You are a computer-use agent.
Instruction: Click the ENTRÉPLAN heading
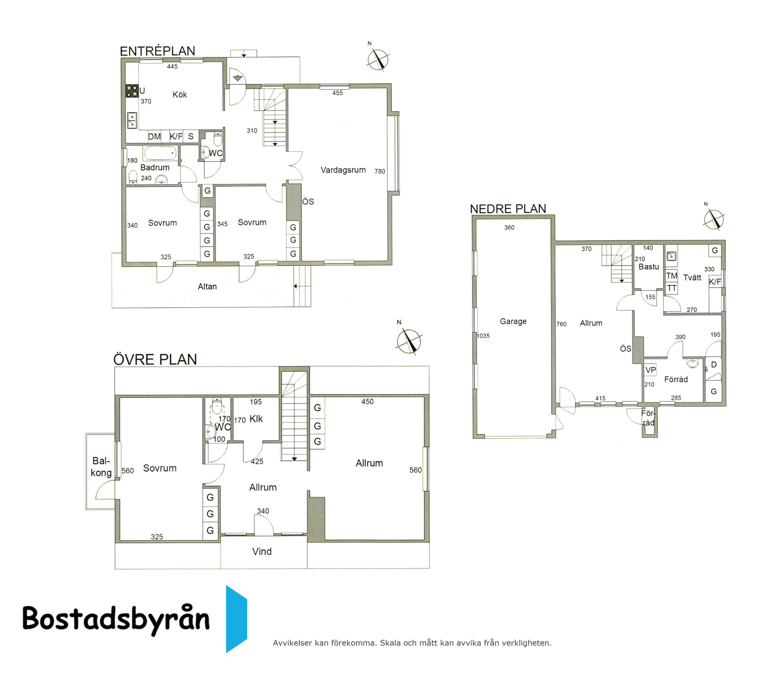(158, 51)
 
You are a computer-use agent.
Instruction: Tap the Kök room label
(180, 95)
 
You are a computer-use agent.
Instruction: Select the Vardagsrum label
(343, 170)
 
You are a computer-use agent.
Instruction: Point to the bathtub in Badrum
(160, 154)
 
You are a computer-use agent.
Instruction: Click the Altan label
(207, 286)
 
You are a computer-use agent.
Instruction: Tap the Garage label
(513, 321)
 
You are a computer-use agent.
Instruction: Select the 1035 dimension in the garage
(483, 336)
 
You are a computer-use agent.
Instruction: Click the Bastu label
(649, 267)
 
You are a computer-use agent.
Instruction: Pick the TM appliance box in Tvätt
(672, 276)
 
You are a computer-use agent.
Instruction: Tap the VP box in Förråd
(650, 370)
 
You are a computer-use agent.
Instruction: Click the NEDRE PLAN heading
(508, 209)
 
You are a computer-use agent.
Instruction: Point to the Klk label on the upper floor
(256, 419)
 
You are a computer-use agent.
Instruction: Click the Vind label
(262, 552)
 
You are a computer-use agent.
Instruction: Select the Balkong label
(101, 467)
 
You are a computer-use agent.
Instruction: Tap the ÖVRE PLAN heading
(155, 359)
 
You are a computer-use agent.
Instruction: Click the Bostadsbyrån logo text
(116, 618)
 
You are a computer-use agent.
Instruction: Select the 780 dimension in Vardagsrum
(380, 171)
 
